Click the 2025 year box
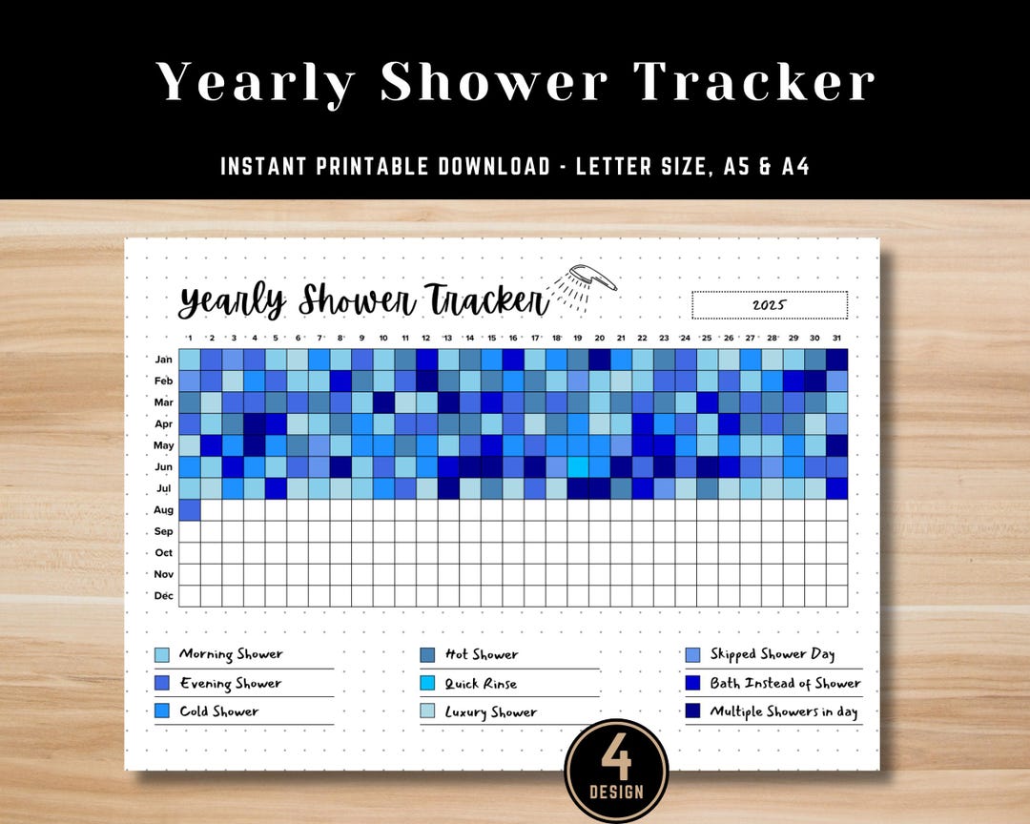[769, 305]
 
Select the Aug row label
[163, 510]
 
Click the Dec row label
[163, 596]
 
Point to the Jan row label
[163, 360]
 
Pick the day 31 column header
[836, 338]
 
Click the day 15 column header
[492, 338]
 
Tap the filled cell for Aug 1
[190, 510]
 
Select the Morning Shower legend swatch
[162, 655]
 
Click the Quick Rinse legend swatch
[427, 684]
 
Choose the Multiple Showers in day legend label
[783, 711]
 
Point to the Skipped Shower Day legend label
[772, 654]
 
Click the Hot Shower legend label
[481, 655]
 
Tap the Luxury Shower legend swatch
[427, 711]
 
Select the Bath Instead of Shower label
[785, 683]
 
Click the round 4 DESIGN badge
[616, 771]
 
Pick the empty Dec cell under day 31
[836, 596]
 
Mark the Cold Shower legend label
[218, 711]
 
